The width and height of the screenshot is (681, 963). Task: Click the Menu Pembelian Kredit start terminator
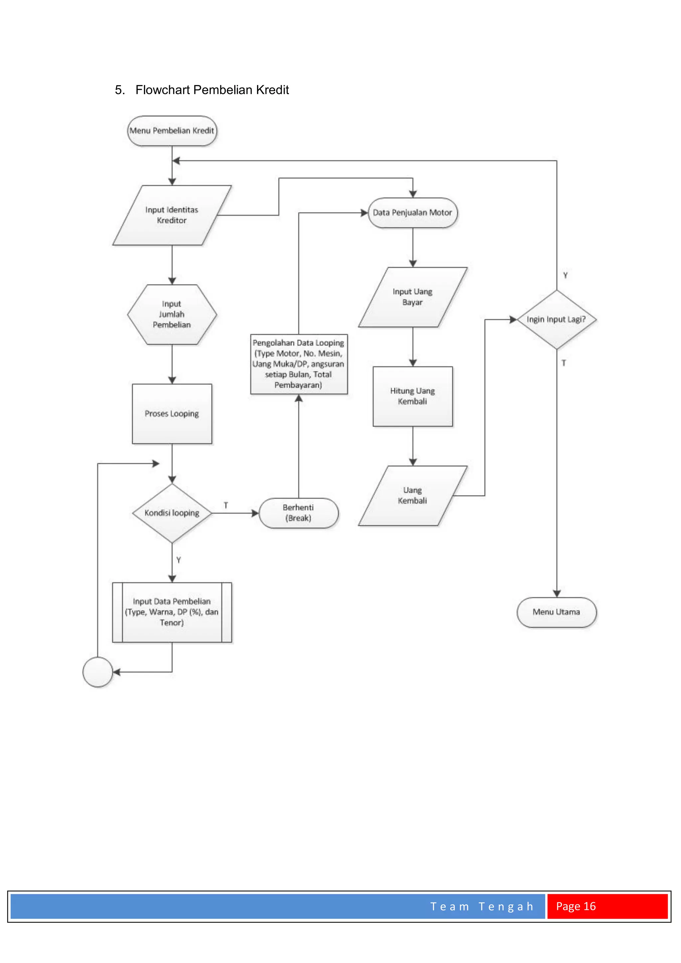point(172,131)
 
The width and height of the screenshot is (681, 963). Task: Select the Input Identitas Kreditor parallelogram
point(172,215)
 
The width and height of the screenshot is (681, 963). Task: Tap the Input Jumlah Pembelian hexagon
point(172,315)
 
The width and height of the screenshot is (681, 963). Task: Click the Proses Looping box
point(172,414)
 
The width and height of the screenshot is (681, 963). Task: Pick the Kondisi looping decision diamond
point(172,513)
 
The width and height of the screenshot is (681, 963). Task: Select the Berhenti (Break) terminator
point(299,513)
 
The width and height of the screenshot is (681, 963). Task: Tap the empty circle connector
point(98,672)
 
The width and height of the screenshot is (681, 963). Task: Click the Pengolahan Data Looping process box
point(299,364)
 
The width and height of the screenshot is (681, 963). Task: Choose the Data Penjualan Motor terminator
point(413,212)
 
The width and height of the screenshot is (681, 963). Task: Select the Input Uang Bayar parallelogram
point(413,297)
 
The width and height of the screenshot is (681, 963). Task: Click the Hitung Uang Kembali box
point(413,396)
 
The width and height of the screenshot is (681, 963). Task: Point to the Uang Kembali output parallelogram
point(413,495)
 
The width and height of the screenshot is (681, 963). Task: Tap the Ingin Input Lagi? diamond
point(556,320)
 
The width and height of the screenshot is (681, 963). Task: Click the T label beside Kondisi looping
point(226,505)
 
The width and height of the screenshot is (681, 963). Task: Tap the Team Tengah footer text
point(482,906)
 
